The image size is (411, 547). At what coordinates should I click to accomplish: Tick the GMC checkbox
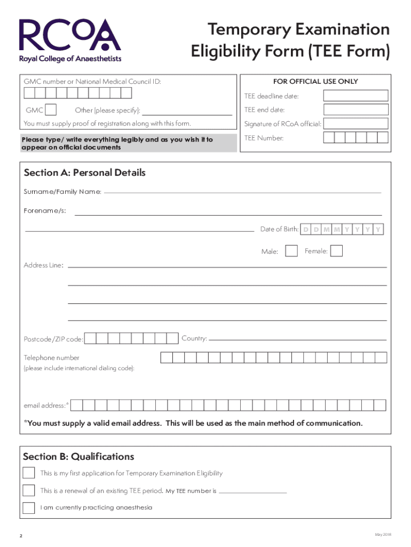(x=51, y=110)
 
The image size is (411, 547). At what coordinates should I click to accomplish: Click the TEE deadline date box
(x=356, y=96)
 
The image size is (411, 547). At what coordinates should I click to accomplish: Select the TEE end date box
(x=356, y=110)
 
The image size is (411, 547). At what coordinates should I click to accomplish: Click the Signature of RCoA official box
(x=356, y=124)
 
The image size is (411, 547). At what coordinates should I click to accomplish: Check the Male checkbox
(x=291, y=251)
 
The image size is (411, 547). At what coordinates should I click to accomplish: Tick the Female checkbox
(x=336, y=251)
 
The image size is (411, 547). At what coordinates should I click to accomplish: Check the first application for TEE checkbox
(x=29, y=473)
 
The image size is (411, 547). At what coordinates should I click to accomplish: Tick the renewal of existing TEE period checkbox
(x=29, y=490)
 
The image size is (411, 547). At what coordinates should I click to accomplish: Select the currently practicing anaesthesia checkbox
(x=29, y=507)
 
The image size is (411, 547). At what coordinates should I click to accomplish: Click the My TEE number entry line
(x=253, y=491)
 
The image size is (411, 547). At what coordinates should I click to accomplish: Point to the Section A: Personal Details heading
(x=84, y=173)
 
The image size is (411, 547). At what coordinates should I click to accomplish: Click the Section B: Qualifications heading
(x=78, y=457)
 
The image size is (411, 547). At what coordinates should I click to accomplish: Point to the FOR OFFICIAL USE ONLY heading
(x=315, y=82)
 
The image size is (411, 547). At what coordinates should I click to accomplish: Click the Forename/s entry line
(x=228, y=214)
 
